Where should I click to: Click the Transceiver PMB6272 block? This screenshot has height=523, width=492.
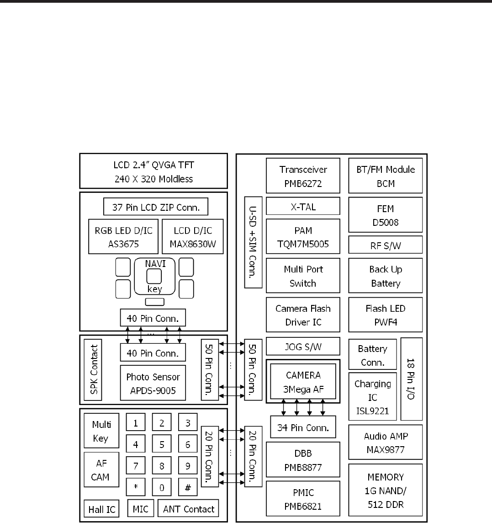(303, 176)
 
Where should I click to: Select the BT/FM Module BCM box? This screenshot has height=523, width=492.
(386, 176)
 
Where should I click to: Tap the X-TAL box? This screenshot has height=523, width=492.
(303, 206)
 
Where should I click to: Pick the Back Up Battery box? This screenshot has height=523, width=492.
(386, 276)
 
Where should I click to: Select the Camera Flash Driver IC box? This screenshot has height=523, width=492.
(303, 315)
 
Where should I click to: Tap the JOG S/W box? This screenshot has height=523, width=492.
(303, 347)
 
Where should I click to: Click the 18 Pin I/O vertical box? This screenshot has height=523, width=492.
(411, 379)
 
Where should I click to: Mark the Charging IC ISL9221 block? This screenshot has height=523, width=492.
(373, 397)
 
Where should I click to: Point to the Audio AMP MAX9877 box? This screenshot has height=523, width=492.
(386, 442)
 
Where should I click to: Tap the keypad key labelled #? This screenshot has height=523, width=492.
(187, 487)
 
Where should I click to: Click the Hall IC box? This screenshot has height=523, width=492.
(101, 509)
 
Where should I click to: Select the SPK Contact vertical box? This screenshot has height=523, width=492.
(93, 369)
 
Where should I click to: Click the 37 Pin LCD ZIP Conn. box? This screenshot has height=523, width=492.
(155, 206)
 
